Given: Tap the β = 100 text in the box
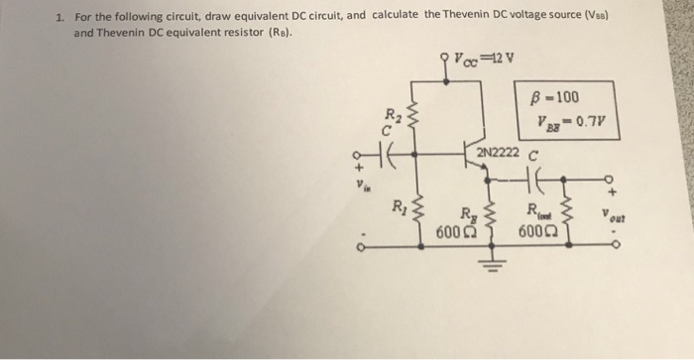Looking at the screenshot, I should pos(555,97).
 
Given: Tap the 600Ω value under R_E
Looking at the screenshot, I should pos(451,231).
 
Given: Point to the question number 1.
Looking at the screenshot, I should pos(59,16).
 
